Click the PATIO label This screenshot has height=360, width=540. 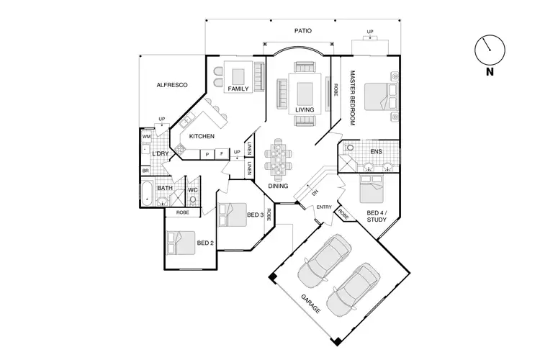[302, 31]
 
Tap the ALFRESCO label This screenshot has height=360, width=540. [172, 85]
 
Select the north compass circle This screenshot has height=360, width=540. [489, 50]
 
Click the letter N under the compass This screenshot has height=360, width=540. [489, 72]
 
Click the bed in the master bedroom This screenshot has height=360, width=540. [379, 96]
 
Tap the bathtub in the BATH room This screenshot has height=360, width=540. [147, 194]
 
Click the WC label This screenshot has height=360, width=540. [193, 190]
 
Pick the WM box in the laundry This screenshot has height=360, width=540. [146, 136]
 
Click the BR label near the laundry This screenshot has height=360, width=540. [145, 171]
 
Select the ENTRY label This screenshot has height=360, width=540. [324, 207]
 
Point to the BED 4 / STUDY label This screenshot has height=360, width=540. [377, 217]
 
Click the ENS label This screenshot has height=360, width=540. [376, 152]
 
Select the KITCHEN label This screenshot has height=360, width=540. [202, 136]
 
